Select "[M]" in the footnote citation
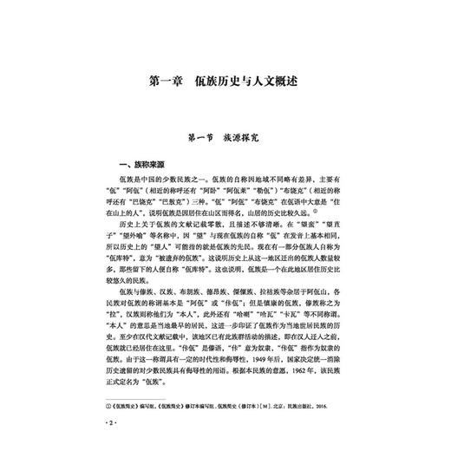tap(266, 381)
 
